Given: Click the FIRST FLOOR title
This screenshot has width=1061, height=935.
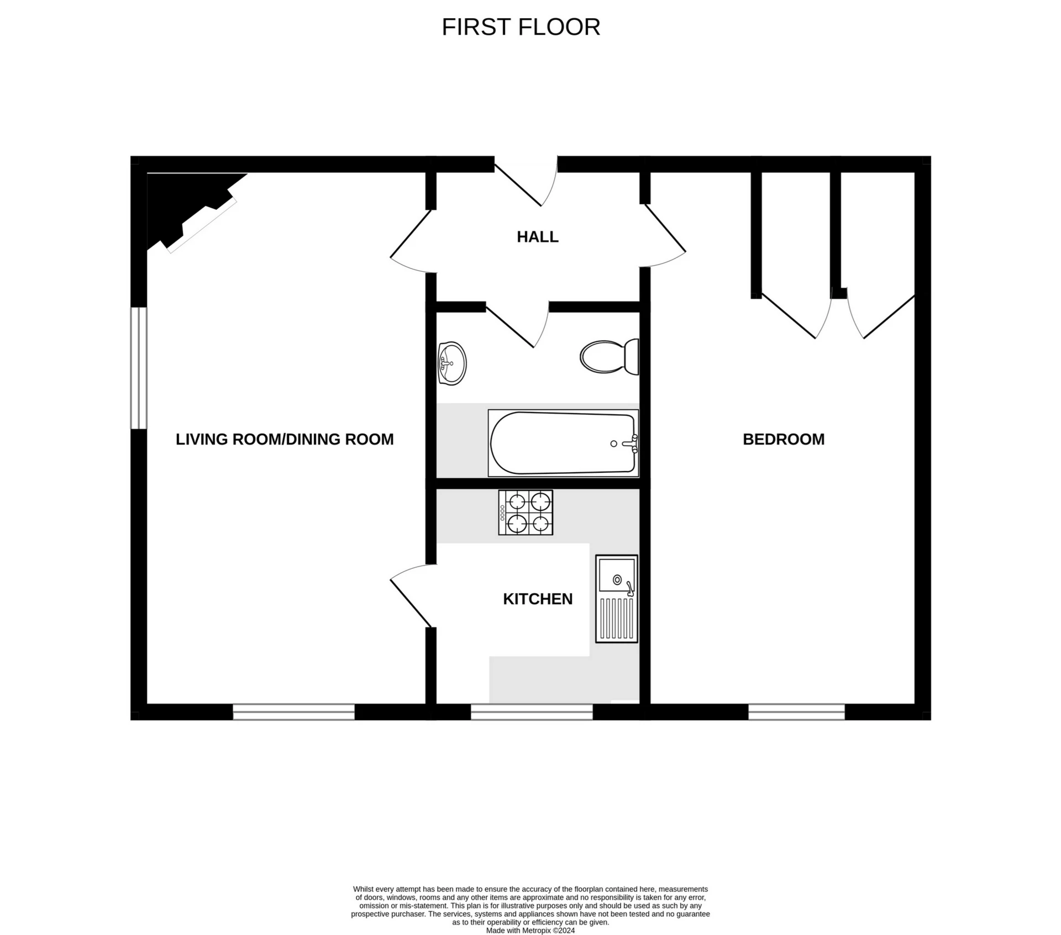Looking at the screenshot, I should (x=521, y=27).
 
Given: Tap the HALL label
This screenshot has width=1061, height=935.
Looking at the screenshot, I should (x=537, y=237).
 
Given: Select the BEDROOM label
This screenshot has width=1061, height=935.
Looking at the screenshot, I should (x=783, y=439).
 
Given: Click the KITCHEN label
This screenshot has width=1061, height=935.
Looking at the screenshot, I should (x=537, y=599).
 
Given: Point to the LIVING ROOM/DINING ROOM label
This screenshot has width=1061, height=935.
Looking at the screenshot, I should (x=285, y=439).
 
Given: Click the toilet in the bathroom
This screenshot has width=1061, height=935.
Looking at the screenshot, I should (x=609, y=357).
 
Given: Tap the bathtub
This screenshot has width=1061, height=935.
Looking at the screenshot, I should (x=563, y=443).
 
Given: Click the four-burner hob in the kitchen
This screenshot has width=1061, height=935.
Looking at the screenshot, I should (x=525, y=512).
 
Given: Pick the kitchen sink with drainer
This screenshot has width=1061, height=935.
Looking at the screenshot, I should (x=616, y=599).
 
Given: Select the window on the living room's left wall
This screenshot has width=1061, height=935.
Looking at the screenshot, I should (x=139, y=368).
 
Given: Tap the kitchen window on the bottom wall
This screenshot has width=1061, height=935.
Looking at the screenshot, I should (x=531, y=712).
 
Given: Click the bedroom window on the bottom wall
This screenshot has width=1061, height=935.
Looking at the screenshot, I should (x=796, y=712).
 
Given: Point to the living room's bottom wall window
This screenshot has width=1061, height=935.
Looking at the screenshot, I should (x=293, y=712).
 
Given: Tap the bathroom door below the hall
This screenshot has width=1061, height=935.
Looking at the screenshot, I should (x=517, y=326).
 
